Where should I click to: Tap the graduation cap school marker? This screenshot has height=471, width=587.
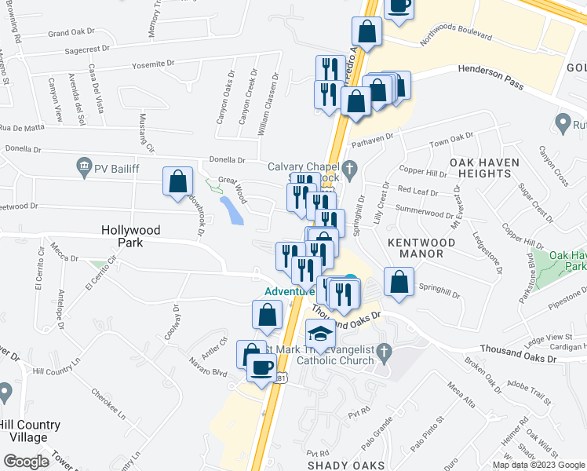pyautogui.click(x=319, y=335)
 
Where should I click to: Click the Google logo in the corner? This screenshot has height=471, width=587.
pyautogui.click(x=27, y=462)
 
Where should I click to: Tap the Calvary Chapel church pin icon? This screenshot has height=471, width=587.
pyautogui.click(x=351, y=167)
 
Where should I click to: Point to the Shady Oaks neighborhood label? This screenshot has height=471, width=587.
pyautogui.click(x=346, y=465)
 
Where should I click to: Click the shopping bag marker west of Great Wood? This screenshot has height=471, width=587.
pyautogui.click(x=178, y=181)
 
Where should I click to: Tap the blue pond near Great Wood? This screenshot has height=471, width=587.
pyautogui.click(x=232, y=210)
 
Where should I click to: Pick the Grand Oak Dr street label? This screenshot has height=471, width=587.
pyautogui.click(x=71, y=34)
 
